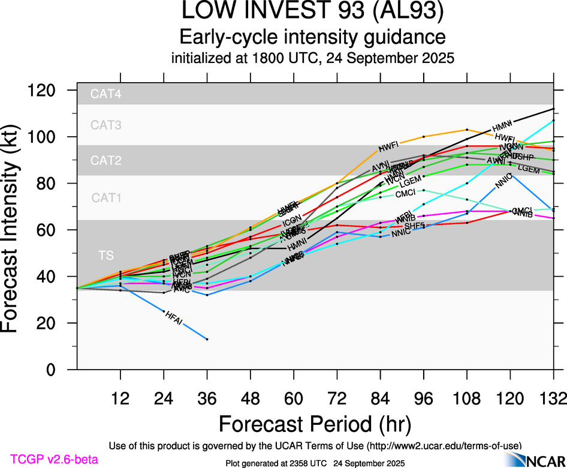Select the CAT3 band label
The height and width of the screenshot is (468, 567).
[x=106, y=125]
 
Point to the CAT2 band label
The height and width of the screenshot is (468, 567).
[x=106, y=161]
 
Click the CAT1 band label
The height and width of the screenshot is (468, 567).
[x=106, y=197]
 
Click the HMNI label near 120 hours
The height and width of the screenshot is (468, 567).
[x=502, y=127]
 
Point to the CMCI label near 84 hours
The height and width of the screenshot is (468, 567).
[x=405, y=194]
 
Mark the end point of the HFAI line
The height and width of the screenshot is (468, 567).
[x=207, y=339]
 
